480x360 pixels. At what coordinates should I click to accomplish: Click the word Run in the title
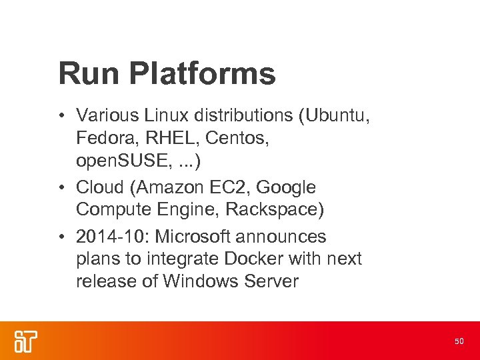pos(84,73)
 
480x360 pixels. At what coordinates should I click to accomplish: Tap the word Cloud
pos(103,187)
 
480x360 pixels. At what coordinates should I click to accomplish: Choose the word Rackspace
pos(275,209)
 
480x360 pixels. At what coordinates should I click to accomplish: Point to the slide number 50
pos(459,341)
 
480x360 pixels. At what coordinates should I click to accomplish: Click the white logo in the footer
pos(25,340)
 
